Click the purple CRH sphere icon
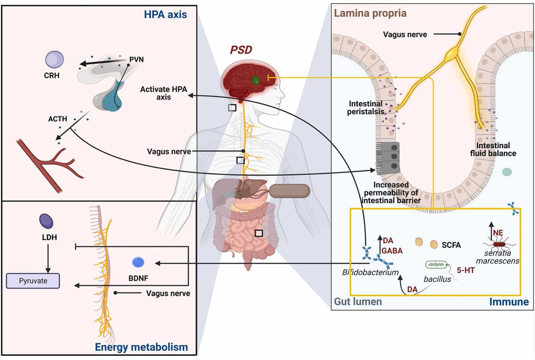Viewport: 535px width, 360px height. tap(55, 59)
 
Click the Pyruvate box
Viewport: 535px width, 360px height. tap(32, 281)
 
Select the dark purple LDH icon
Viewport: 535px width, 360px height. tap(46, 221)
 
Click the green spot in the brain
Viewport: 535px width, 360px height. tap(255, 80)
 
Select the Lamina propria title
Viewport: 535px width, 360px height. tap(370, 13)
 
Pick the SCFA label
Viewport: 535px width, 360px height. tap(451, 245)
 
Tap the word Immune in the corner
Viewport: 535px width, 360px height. tap(509, 302)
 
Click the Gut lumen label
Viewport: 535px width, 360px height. tap(358, 302)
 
